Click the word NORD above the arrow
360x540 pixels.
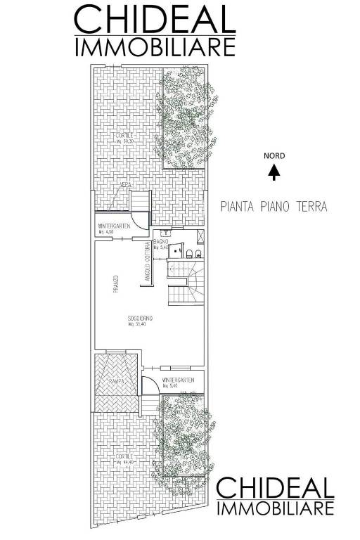coord(274,156)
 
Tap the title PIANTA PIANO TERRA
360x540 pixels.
coord(274,207)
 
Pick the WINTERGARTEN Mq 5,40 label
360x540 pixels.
coord(177,382)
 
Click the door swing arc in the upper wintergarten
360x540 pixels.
coord(142,223)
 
